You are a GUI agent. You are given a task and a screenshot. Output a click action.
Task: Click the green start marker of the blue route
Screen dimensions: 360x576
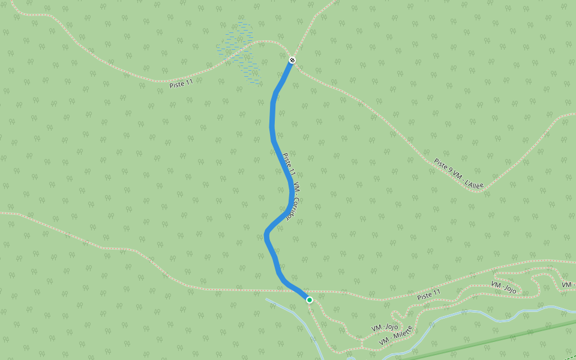pyautogui.click(x=310, y=299)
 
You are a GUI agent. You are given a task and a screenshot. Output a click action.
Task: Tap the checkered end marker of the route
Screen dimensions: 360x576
pyautogui.click(x=292, y=60)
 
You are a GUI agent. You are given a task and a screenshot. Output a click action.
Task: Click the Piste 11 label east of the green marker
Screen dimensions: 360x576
pyautogui.click(x=429, y=294)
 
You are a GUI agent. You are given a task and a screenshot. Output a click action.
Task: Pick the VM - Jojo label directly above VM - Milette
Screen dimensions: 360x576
pyautogui.click(x=385, y=328)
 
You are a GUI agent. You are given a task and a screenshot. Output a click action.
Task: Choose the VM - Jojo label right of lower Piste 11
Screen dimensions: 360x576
pyautogui.click(x=503, y=287)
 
